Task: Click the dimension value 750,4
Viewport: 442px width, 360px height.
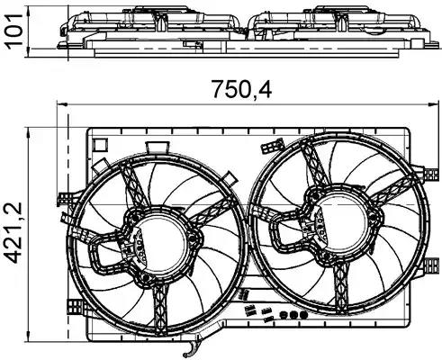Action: [242, 89]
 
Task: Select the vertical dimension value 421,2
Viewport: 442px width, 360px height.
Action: [14, 233]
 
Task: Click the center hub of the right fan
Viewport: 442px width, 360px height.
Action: [342, 222]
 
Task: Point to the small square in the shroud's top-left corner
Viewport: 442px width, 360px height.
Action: [100, 145]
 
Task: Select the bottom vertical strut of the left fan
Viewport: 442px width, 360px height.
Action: [160, 309]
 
